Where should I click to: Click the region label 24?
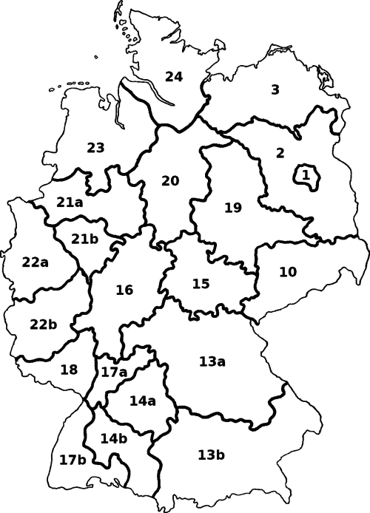click(174, 76)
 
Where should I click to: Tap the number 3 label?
click(275, 90)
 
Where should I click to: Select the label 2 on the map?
click(280, 153)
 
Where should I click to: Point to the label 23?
click(95, 148)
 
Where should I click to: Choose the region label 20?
click(170, 181)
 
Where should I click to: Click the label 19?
click(232, 208)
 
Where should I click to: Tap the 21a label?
click(70, 203)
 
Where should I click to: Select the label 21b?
click(85, 238)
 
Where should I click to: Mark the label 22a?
click(35, 262)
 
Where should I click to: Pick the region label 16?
click(124, 289)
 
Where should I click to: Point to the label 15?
click(201, 284)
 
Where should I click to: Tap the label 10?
click(288, 272)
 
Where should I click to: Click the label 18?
click(69, 370)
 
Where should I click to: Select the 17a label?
click(114, 373)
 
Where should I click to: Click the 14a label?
click(142, 401)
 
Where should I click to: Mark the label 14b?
click(113, 438)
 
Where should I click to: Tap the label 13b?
click(212, 453)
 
